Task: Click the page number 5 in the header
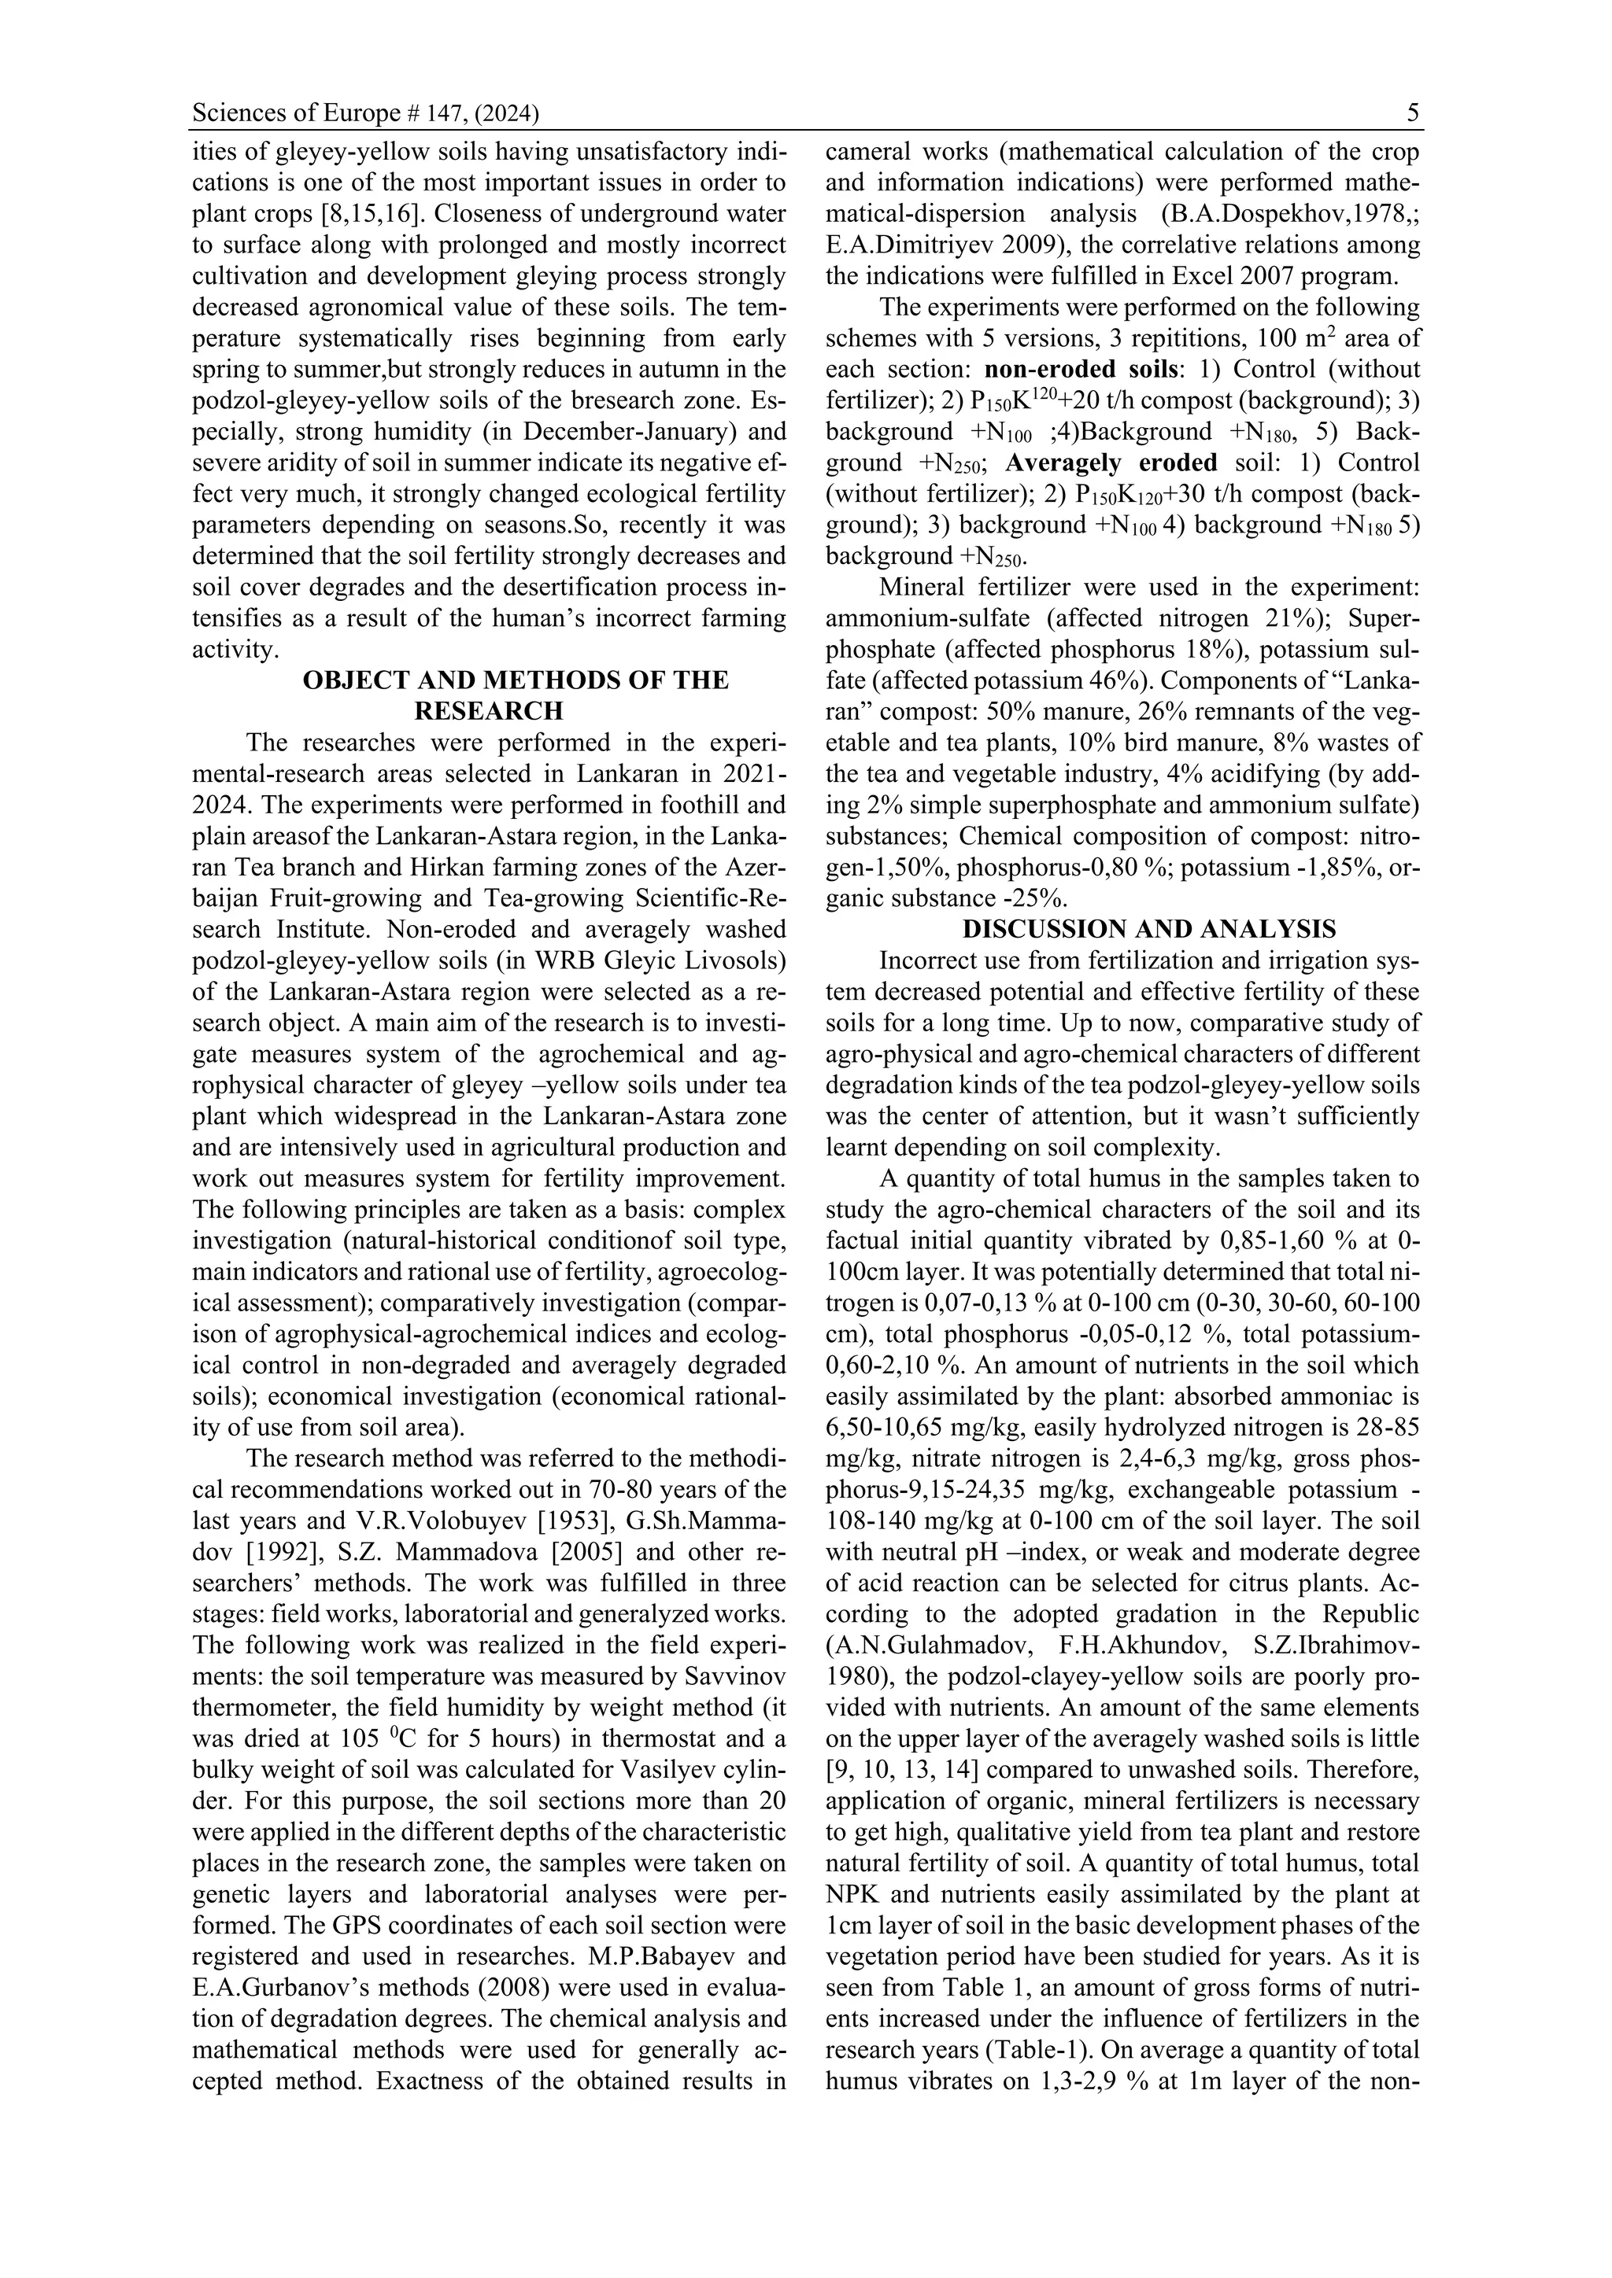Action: point(1413,114)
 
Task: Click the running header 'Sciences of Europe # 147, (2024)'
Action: point(365,114)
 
